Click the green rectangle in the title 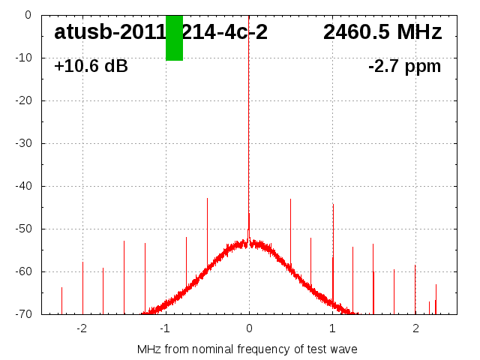(x=174, y=37)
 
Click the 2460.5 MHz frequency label (x=382, y=32)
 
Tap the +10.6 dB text (x=91, y=66)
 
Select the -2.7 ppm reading (x=404, y=66)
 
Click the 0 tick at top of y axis (x=27, y=15)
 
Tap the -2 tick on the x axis (x=82, y=328)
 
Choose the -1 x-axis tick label (x=165, y=328)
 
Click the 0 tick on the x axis (x=249, y=328)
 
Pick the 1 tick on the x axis (x=332, y=328)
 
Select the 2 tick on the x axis (x=415, y=328)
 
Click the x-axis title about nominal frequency (x=247, y=349)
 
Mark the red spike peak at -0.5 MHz (x=207, y=199)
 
